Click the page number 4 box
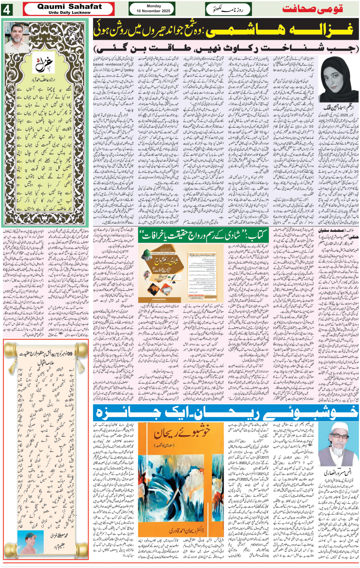7,9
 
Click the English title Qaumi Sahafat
69,6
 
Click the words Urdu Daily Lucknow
69,13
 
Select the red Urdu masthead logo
312,9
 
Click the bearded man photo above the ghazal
17,38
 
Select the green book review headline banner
203,236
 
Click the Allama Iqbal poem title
46,363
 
